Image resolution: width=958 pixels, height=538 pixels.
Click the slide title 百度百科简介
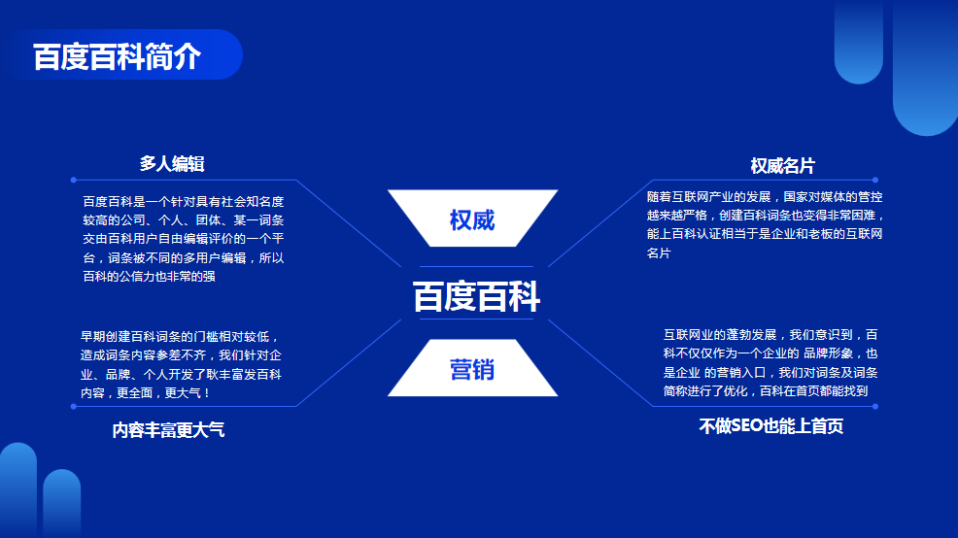(x=117, y=56)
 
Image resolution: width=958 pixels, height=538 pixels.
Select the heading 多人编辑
(x=172, y=164)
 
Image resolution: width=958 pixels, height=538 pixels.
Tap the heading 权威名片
(x=783, y=165)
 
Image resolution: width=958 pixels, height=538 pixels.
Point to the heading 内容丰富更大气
(x=168, y=430)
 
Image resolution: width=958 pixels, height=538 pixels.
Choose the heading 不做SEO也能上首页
(x=771, y=426)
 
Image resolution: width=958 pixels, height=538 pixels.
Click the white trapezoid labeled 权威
(x=472, y=218)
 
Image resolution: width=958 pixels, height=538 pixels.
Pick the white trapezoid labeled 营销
(x=472, y=368)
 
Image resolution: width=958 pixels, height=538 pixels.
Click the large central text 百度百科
(x=476, y=296)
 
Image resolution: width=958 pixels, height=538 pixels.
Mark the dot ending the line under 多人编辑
(x=73, y=181)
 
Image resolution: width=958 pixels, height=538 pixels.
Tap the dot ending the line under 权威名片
(x=875, y=181)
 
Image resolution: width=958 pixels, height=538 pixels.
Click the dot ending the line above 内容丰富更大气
(x=73, y=406)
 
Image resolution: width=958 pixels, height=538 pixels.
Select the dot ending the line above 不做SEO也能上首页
(x=875, y=406)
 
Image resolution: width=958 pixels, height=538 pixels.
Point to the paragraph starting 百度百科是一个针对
(x=184, y=239)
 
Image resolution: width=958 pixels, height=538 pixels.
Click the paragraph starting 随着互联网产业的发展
(x=765, y=224)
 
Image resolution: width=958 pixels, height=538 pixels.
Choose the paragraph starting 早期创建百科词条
(x=181, y=364)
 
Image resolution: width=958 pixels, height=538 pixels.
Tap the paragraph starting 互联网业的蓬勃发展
(x=770, y=363)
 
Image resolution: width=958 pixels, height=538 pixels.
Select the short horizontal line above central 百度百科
(x=476, y=267)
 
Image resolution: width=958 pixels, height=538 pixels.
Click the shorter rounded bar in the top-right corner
(x=859, y=42)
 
